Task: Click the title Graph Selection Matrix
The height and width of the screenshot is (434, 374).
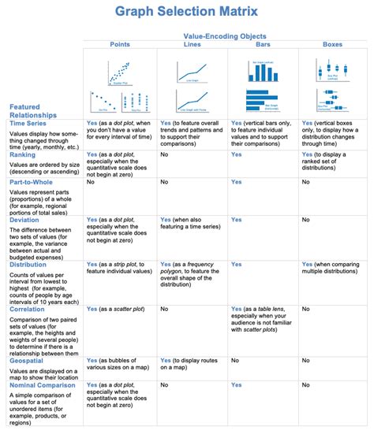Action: [x=186, y=11]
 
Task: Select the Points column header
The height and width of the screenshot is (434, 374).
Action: [x=120, y=46]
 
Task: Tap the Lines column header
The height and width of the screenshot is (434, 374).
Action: [x=192, y=46]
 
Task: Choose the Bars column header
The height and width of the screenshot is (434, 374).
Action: [x=264, y=46]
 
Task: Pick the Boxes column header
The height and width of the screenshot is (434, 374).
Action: [x=333, y=46]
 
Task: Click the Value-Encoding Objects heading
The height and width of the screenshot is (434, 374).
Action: [x=225, y=36]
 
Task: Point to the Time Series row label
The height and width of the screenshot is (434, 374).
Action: [x=28, y=124]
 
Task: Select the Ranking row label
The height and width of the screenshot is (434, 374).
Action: [x=24, y=155]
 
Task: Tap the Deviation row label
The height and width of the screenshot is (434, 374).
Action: [x=26, y=220]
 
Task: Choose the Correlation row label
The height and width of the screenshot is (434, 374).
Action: [x=29, y=310]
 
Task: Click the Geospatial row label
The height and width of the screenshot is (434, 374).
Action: [x=28, y=360]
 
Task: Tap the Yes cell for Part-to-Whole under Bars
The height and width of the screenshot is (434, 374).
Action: [x=237, y=182]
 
